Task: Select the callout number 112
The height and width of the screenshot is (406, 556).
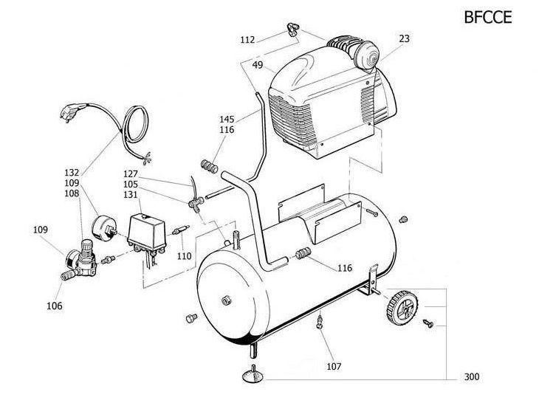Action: click(247, 38)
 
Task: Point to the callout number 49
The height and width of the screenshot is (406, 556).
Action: click(258, 65)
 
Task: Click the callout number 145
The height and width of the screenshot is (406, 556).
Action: click(227, 118)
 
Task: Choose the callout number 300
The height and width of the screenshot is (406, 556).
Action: click(472, 377)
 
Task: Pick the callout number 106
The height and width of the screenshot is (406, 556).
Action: click(55, 305)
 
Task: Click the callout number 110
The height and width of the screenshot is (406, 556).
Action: click(185, 255)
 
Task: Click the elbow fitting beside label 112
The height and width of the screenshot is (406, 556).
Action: click(292, 29)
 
